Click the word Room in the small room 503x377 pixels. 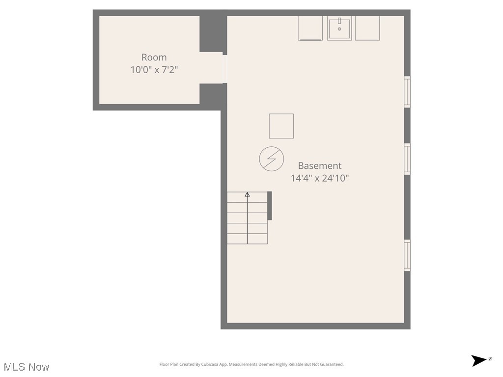pyautogui.click(x=154, y=57)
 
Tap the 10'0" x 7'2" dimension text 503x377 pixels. pyautogui.click(x=154, y=70)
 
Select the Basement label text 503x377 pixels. pyautogui.click(x=319, y=166)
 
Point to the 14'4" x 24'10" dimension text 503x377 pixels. pyautogui.click(x=319, y=178)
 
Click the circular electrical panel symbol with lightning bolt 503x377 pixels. pyautogui.click(x=272, y=159)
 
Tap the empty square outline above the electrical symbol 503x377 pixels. pyautogui.click(x=281, y=126)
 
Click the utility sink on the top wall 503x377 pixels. pyautogui.click(x=339, y=28)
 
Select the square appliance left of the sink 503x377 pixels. pyautogui.click(x=310, y=28)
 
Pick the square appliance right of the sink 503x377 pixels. pyautogui.click(x=367, y=28)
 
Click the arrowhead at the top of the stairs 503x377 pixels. pyautogui.click(x=247, y=195)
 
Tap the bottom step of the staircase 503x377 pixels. pyautogui.click(x=247, y=239)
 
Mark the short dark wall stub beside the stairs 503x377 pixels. pyautogui.click(x=269, y=206)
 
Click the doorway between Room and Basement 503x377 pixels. pyautogui.click(x=224, y=69)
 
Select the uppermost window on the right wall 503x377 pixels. pyautogui.click(x=407, y=92)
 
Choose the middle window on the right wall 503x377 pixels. pyautogui.click(x=407, y=159)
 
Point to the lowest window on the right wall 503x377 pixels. pyautogui.click(x=407, y=255)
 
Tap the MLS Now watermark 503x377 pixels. pyautogui.click(x=27, y=367)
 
